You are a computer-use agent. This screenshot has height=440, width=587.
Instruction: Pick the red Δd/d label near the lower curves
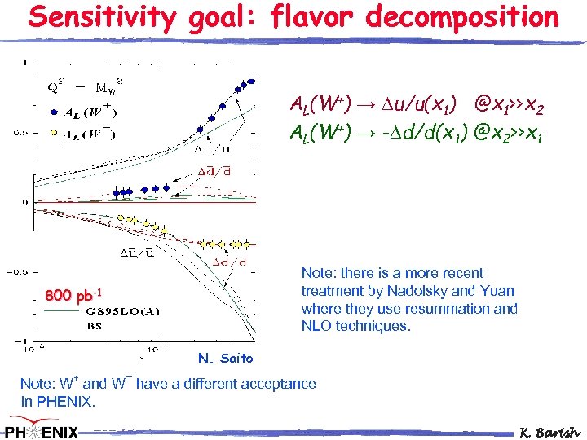(x=231, y=262)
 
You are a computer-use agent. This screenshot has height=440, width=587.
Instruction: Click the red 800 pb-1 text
(x=73, y=294)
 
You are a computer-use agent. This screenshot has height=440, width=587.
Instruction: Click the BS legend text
(x=94, y=325)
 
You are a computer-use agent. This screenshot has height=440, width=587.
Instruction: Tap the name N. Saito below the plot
(x=226, y=359)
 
